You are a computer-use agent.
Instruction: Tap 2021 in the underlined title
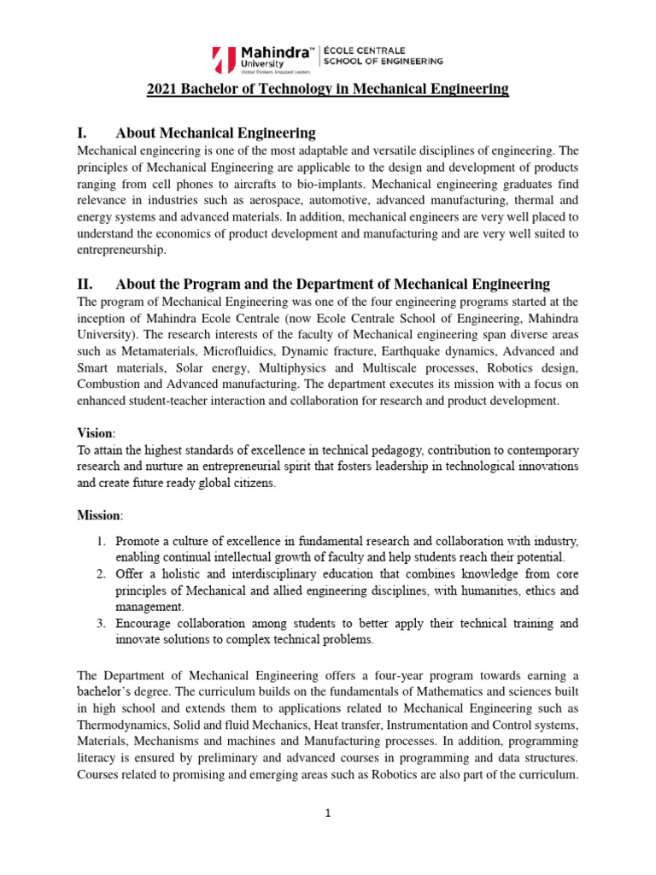pos(161,89)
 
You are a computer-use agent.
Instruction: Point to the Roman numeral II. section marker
pos(85,284)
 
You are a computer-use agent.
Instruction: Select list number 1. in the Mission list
pos(100,541)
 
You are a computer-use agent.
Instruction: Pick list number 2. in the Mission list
pos(100,573)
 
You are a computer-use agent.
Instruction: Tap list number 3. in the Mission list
pos(100,623)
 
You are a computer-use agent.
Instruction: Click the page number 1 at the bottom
pos(327,813)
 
